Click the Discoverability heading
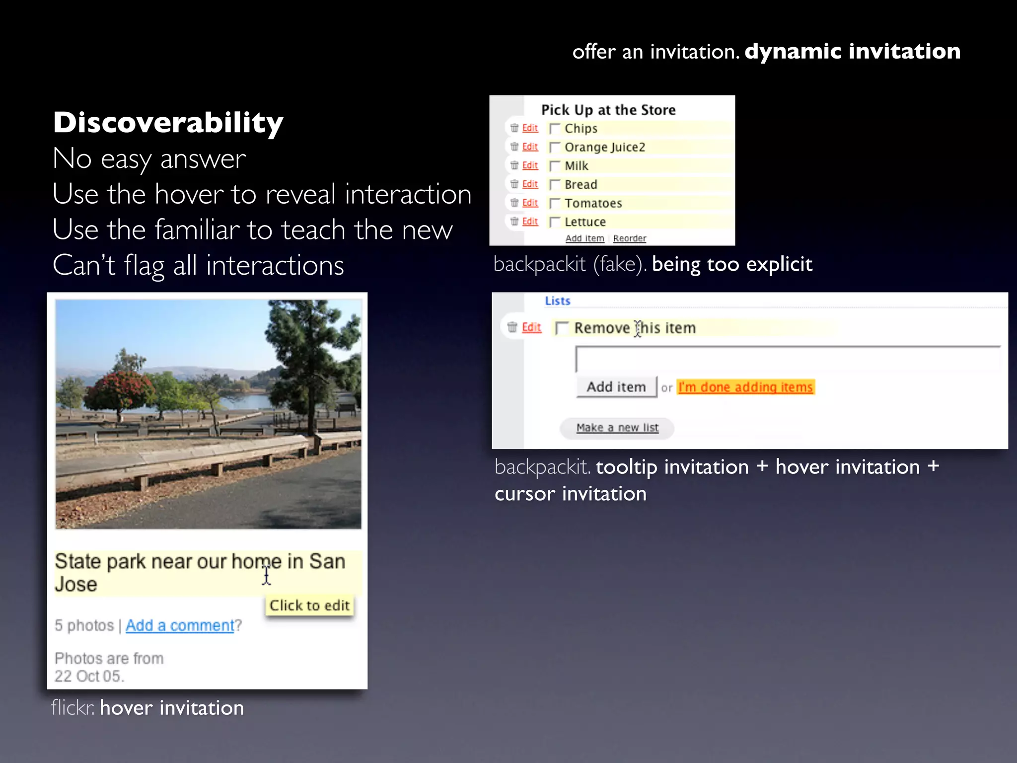(168, 122)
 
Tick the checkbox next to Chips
(555, 129)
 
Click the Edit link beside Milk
(530, 165)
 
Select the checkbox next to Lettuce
(555, 222)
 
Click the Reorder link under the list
(629, 238)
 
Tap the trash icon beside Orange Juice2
(514, 147)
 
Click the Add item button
(616, 387)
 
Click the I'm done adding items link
(745, 387)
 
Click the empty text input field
(787, 359)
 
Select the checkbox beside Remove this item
(562, 328)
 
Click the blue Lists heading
(557, 301)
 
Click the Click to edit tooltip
(309, 606)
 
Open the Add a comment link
(179, 625)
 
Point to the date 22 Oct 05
(89, 676)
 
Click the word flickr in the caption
(73, 708)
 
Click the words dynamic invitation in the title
(852, 51)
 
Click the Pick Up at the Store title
(608, 110)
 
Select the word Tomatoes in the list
(593, 204)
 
